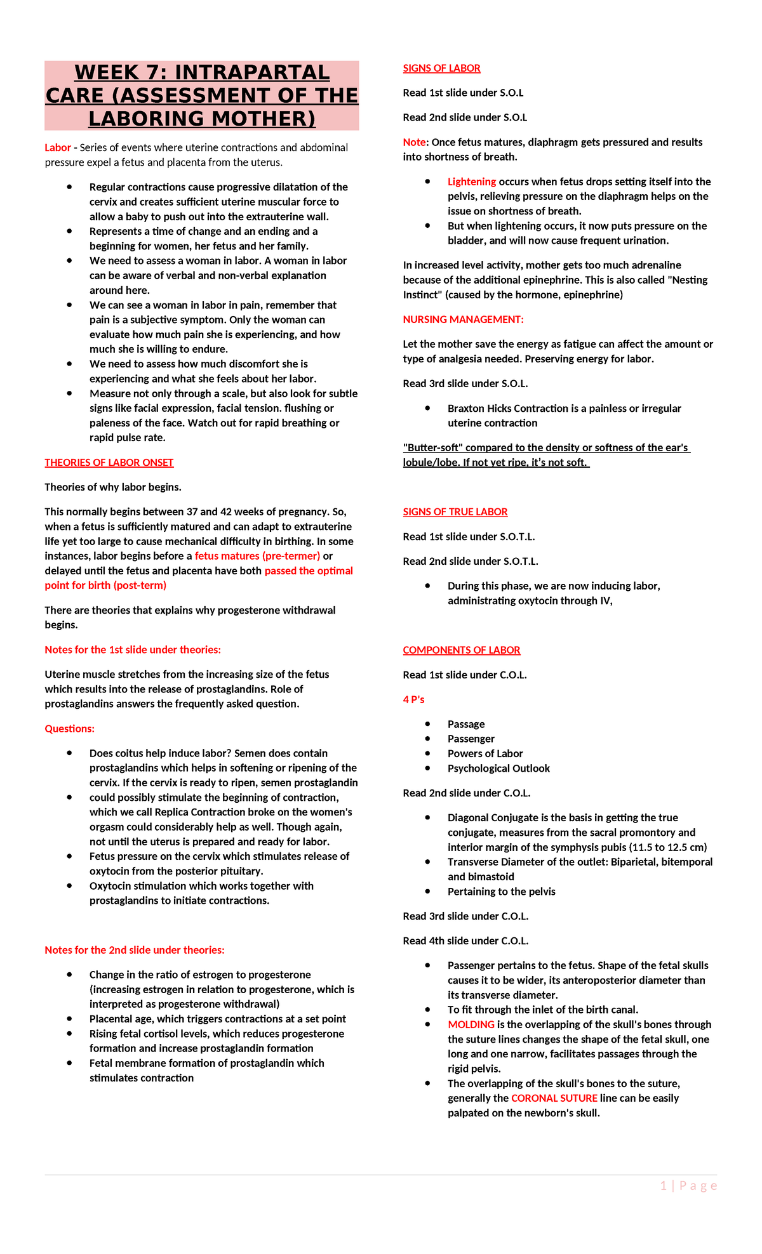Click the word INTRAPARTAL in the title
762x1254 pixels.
(x=251, y=73)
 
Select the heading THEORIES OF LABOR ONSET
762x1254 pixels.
(x=109, y=463)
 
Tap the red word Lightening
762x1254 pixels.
(x=471, y=182)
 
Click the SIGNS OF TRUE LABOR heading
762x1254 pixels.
(x=455, y=512)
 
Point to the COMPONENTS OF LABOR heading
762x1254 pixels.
(x=461, y=650)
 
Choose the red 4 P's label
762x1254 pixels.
(x=413, y=700)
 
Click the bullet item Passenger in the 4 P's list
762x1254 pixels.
(x=471, y=739)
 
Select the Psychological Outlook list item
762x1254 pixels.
(x=498, y=769)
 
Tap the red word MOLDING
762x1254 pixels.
(x=471, y=1025)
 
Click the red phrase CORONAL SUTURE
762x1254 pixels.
(x=554, y=1099)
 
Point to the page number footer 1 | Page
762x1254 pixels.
(x=688, y=1186)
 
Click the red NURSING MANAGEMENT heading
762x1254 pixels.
(x=463, y=320)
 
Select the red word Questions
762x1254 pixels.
(x=69, y=729)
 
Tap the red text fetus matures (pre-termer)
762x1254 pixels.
(x=257, y=557)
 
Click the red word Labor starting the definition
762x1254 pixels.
(x=57, y=148)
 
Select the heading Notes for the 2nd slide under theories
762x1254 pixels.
(x=134, y=951)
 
